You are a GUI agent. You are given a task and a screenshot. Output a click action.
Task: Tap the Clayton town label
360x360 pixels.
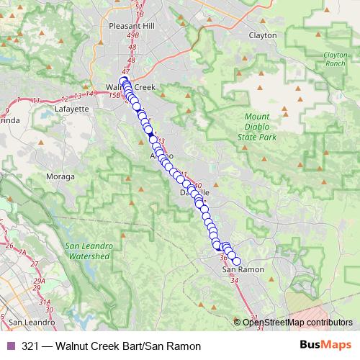pyautogui.click(x=263, y=35)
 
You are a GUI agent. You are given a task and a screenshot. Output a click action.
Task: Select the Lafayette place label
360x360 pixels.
pyautogui.click(x=71, y=109)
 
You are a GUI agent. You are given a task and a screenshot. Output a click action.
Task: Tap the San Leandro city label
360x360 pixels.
pyautogui.click(x=27, y=321)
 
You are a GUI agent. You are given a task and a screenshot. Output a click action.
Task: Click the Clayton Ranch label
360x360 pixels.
pyautogui.click(x=335, y=58)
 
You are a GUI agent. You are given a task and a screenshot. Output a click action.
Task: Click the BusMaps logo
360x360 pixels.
pyautogui.click(x=325, y=346)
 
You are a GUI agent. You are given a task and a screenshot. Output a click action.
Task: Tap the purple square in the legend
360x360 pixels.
pyautogui.click(x=9, y=346)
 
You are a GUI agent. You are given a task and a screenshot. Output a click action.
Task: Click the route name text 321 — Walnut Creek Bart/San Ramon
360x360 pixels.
pyautogui.click(x=111, y=346)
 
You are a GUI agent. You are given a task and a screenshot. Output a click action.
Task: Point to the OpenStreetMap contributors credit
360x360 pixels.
pyautogui.click(x=297, y=323)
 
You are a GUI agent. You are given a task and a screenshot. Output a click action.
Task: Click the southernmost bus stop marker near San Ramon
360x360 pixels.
pyautogui.click(x=235, y=262)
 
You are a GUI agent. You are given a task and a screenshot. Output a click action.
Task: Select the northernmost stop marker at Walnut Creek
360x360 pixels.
pyautogui.click(x=122, y=81)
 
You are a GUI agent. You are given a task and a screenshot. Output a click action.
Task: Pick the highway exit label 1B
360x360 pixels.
pyautogui.click(x=140, y=14)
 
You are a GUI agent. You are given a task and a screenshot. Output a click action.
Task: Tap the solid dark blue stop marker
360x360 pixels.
pyautogui.click(x=150, y=135)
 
